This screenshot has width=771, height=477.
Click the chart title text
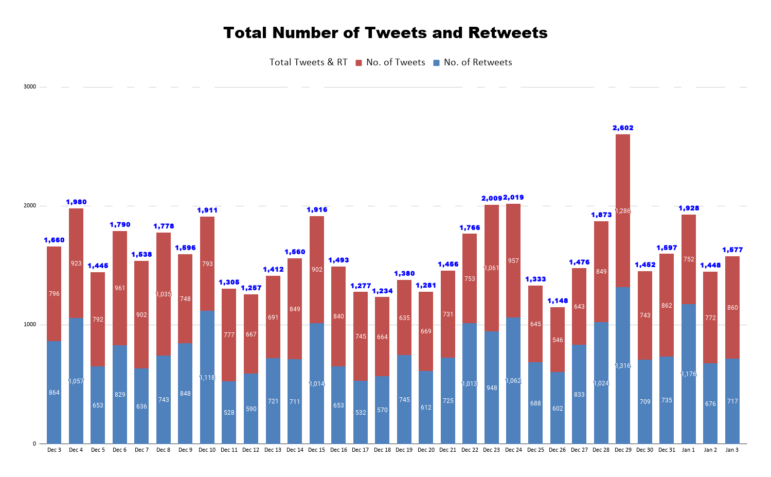point(385,33)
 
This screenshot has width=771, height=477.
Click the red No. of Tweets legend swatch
point(359,63)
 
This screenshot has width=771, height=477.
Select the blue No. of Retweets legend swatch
point(437,63)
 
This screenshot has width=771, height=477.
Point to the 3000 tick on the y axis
point(30,87)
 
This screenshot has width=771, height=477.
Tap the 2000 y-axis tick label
point(30,206)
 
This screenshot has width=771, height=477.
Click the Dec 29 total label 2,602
point(623,128)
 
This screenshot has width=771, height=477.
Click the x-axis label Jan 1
point(688,450)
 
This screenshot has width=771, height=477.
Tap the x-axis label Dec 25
point(535,450)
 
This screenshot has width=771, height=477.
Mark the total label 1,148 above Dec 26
point(558,301)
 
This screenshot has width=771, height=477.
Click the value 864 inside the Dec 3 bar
point(54,393)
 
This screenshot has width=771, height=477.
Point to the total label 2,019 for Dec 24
point(513,198)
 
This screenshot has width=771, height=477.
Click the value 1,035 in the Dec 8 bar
point(164,294)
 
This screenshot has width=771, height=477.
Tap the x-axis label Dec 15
point(316,450)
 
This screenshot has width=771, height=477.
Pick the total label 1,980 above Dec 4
point(76,202)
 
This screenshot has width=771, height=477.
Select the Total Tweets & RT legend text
point(309,63)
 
